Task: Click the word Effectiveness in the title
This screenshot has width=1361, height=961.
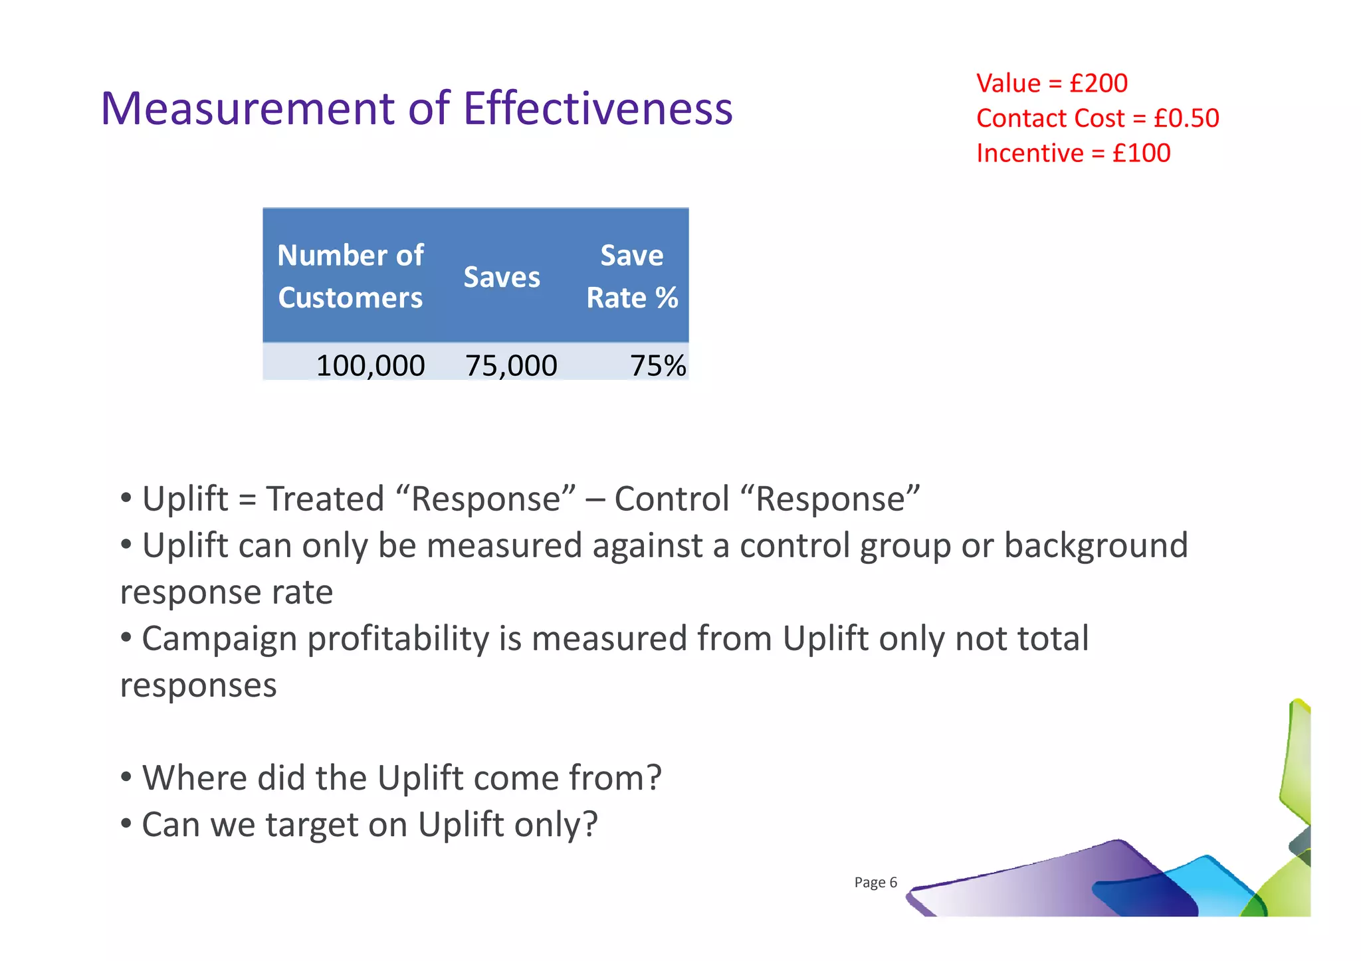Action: (597, 108)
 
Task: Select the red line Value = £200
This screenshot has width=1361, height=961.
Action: (1051, 84)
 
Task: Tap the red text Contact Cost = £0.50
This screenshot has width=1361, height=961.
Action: (1097, 118)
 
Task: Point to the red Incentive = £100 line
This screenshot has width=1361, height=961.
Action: (1073, 153)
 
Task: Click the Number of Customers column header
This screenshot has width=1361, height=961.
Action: (350, 276)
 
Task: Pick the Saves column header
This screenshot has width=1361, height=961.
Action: (502, 277)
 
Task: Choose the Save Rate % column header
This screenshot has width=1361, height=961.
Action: (631, 276)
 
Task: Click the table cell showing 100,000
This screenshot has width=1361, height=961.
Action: (370, 365)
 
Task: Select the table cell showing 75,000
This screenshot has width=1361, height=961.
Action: (510, 365)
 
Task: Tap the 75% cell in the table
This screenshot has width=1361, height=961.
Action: (657, 365)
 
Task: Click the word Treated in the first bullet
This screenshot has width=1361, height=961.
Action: (325, 499)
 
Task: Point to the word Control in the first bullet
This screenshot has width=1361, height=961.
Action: (671, 499)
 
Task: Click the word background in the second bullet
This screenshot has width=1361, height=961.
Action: (1095, 545)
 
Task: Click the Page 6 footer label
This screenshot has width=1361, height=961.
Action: (875, 883)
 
